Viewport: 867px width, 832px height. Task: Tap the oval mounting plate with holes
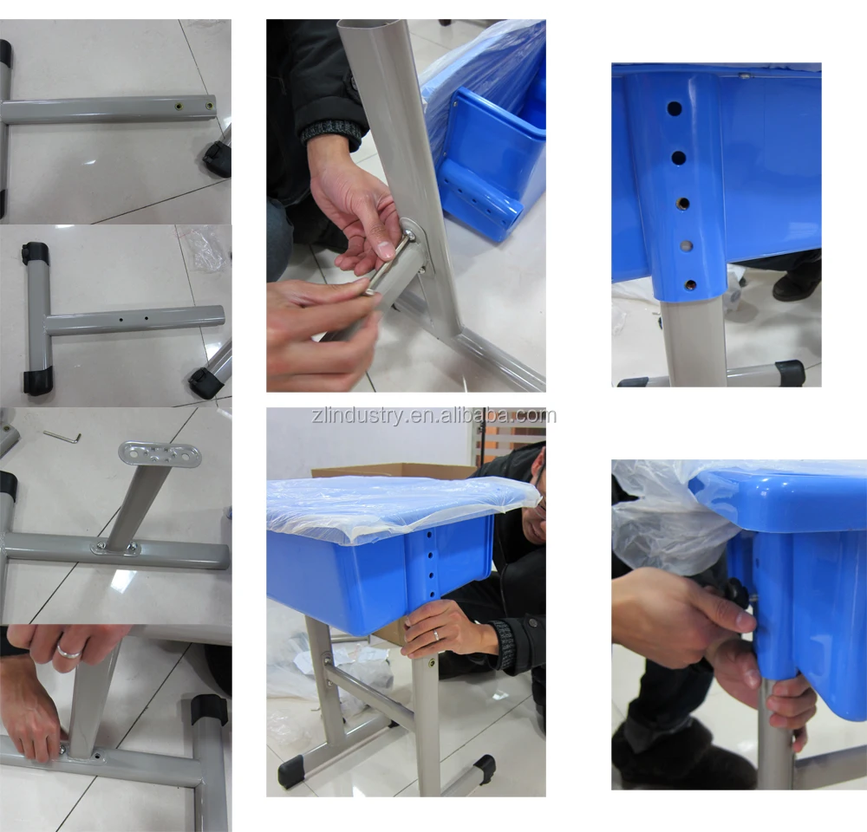[x=160, y=454]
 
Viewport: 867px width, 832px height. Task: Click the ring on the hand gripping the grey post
[x=69, y=653]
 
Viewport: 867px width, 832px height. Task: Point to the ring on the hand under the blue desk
[x=436, y=635]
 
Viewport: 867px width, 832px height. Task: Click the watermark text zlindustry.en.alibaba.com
[x=434, y=416]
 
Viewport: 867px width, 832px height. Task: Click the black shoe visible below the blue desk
[x=796, y=284]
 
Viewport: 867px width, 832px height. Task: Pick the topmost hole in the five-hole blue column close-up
[x=674, y=108]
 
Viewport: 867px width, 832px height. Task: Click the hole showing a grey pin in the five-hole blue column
[x=686, y=246]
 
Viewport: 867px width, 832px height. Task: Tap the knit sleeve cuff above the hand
[x=332, y=133]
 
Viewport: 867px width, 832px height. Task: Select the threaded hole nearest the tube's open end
[x=210, y=106]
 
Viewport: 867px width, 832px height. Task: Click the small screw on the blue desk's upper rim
[x=744, y=75]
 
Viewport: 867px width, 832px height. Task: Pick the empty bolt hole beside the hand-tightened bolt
[x=99, y=754]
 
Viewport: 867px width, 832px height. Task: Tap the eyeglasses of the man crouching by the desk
[x=541, y=499]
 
